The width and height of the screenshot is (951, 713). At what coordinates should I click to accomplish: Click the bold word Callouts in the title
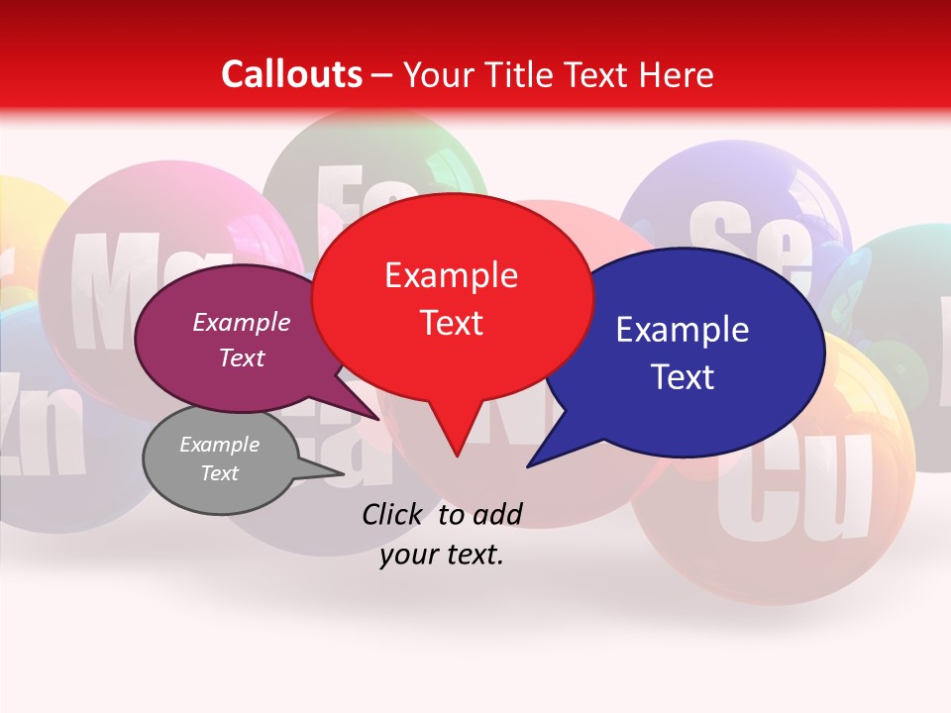291,74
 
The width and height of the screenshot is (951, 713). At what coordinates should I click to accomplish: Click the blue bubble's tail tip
529,465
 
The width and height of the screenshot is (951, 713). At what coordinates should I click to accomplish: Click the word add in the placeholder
496,514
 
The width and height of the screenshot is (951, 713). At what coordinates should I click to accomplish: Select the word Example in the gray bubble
219,445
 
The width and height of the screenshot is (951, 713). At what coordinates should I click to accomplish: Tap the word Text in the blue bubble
682,377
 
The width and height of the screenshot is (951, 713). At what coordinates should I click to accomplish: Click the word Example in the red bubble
451,275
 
